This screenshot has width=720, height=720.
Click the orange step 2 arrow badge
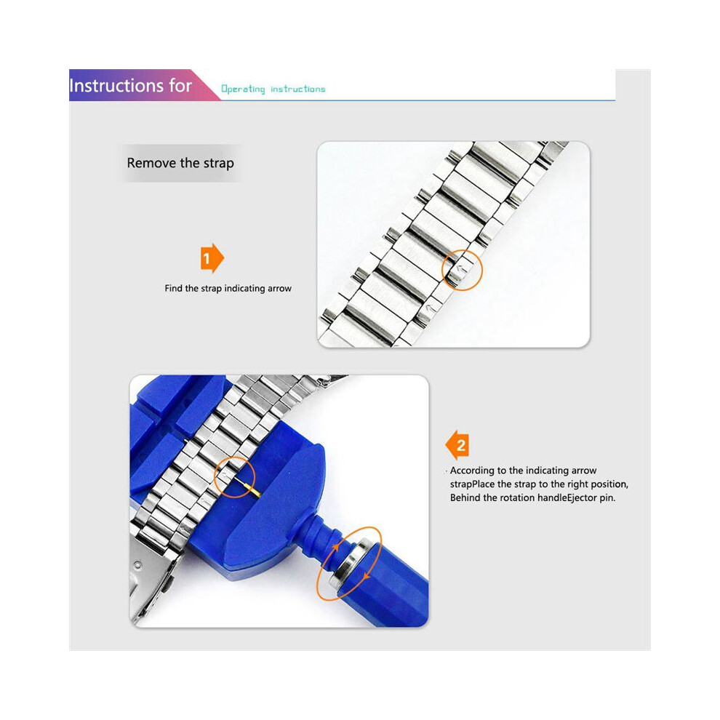[457, 445]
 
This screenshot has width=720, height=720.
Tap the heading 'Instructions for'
[130, 86]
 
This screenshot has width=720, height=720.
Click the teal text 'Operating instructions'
[273, 89]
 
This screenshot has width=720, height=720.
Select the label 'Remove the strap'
[180, 163]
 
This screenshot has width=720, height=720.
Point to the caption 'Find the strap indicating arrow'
[228, 289]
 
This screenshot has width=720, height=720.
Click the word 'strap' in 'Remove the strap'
[217, 164]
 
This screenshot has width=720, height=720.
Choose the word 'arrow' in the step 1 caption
[279, 289]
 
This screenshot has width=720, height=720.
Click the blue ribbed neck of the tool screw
[321, 540]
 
